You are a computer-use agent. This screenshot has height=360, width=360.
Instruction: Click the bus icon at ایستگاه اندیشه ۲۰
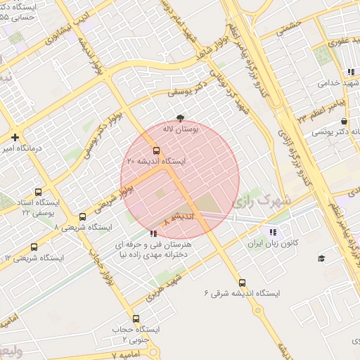click(x=156, y=150)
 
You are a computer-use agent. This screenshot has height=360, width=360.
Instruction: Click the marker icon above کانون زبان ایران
click(x=273, y=231)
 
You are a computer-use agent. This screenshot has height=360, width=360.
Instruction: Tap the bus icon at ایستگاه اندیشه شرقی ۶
click(x=243, y=281)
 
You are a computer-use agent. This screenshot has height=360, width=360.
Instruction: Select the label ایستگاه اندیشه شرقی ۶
click(x=243, y=292)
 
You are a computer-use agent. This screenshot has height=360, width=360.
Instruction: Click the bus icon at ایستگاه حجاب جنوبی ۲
click(x=136, y=319)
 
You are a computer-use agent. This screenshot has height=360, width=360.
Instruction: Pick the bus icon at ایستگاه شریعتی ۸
click(x=83, y=217)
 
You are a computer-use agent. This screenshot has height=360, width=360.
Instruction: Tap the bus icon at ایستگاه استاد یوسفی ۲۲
click(x=37, y=191)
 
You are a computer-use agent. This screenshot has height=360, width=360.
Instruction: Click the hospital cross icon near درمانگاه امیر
click(x=15, y=137)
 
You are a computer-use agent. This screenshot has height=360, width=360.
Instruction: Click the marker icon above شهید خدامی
click(x=350, y=72)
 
